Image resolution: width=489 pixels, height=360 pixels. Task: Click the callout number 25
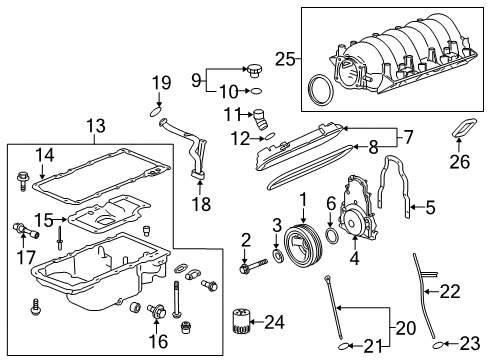[x=284, y=61]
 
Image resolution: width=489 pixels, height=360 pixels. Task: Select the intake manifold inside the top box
[x=390, y=55]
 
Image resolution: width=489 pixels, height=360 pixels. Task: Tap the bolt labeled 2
[x=246, y=268]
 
